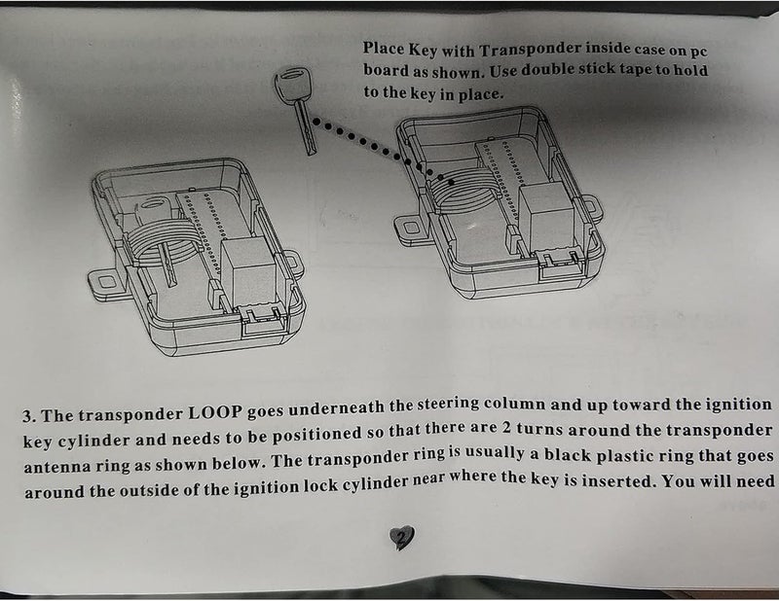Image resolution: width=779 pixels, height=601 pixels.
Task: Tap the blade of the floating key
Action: (305, 128)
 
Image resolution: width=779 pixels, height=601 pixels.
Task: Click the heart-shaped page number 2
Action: (401, 538)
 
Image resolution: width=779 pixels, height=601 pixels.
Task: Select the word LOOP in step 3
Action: (215, 413)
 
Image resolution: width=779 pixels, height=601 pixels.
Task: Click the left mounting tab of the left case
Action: (106, 284)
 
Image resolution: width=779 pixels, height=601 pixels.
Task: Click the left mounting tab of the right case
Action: (410, 229)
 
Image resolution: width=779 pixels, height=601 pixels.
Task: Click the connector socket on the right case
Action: (561, 263)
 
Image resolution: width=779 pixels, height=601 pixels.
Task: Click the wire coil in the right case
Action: (464, 191)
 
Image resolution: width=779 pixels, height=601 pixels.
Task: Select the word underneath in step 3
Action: (336, 408)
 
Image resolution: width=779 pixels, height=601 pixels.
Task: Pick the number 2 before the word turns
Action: (506, 428)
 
